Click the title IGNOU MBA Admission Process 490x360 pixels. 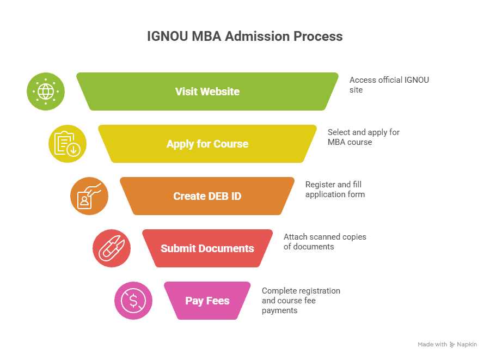tap(244, 36)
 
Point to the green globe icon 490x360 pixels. tap(46, 91)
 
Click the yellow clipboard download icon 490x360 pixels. tap(68, 144)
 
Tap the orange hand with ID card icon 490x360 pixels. tap(89, 196)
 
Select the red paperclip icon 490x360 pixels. tap(112, 248)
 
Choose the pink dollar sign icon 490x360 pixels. tap(133, 301)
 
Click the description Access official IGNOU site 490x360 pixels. tap(389, 84)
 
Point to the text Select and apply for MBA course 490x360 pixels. tap(364, 137)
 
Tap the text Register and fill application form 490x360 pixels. tap(335, 189)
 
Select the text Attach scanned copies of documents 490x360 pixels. tap(324, 241)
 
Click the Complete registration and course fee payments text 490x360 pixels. tap(301, 300)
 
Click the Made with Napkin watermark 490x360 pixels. tap(447, 344)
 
